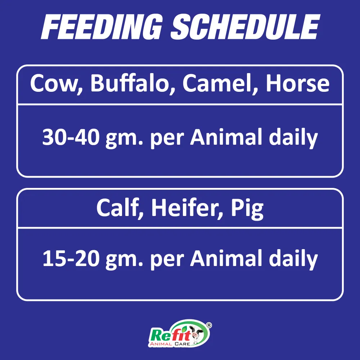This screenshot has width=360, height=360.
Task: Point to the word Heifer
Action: (x=182, y=208)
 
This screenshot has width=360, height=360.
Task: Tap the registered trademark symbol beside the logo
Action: (x=208, y=325)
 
